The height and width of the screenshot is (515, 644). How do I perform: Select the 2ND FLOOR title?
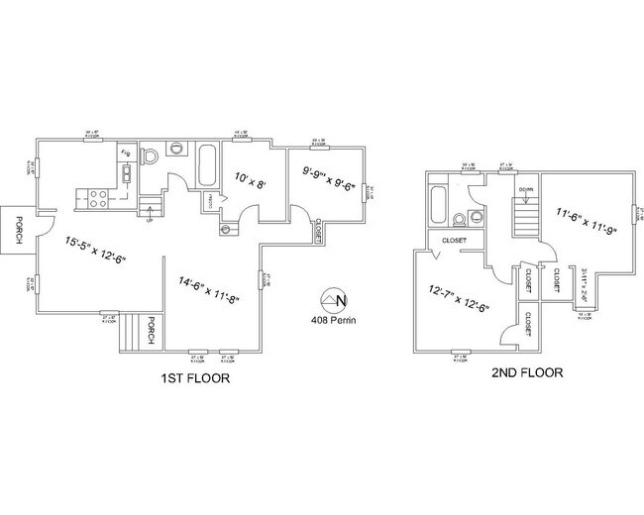pos(528,373)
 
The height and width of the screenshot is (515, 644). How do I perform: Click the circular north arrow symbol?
pos(337,298)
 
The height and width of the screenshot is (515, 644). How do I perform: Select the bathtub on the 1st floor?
pos(207,167)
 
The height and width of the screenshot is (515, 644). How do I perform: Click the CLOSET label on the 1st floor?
pos(318,231)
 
